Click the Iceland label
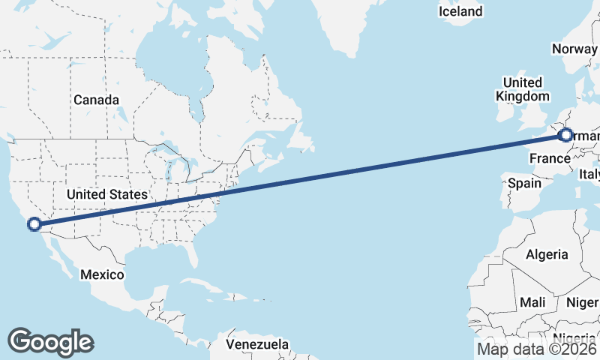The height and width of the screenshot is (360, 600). tap(460, 11)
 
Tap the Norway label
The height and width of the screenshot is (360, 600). tap(574, 49)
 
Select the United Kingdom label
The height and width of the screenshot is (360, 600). tap(523, 89)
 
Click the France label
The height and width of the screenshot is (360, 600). tap(550, 158)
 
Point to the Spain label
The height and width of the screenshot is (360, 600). tap(524, 182)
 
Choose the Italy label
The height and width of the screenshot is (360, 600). tap(589, 174)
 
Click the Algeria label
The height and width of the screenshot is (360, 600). tap(547, 254)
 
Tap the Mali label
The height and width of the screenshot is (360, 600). tap(532, 301)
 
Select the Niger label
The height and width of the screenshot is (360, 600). tap(582, 302)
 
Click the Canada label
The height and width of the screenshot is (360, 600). tap(96, 100)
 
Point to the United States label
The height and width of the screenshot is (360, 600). tap(106, 194)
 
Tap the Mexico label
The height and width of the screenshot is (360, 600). tap(102, 274)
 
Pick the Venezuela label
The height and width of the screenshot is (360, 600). tap(257, 344)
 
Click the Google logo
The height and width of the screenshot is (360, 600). tap(50, 342)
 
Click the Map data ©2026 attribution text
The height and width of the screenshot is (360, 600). tap(538, 349)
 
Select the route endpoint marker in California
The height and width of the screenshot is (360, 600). tap(34, 223)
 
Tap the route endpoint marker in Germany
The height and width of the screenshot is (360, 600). tap(565, 136)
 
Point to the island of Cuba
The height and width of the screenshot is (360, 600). tap(199, 286)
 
